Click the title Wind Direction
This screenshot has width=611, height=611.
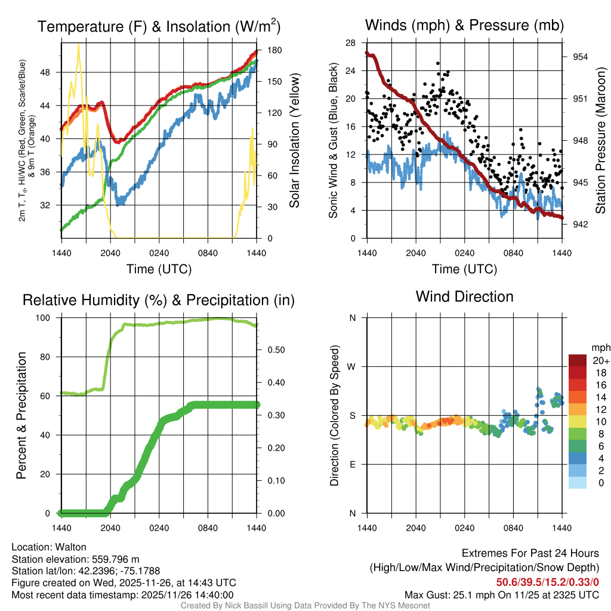(464, 297)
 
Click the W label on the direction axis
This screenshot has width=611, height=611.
(352, 366)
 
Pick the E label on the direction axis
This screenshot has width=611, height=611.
(352, 464)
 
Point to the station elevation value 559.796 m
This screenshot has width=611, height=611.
(115, 559)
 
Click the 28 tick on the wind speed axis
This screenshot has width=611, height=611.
(351, 43)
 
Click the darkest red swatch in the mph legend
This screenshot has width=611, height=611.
(578, 360)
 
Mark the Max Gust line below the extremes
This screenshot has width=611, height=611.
(501, 595)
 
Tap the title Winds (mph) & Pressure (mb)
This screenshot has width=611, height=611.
(464, 25)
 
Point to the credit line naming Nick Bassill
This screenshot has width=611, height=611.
(305, 606)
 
